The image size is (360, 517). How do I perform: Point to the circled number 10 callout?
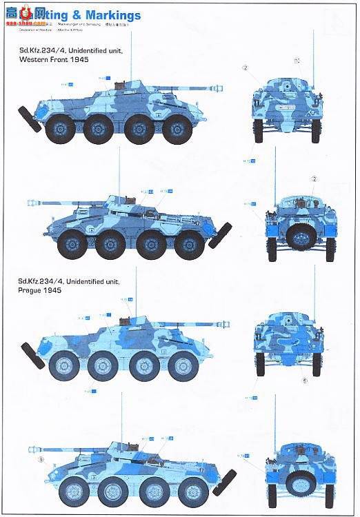[x=297, y=61]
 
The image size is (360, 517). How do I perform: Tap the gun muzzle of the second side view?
[x=30, y=203]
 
